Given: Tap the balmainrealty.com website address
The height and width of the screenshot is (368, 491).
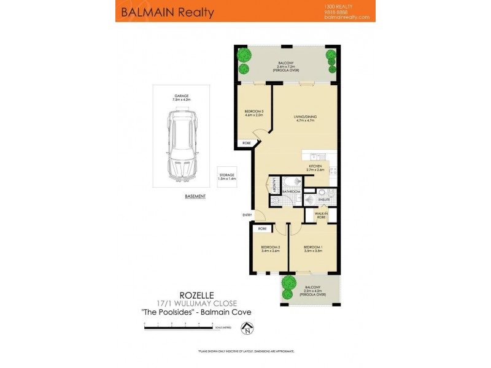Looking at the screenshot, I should tap(347, 17).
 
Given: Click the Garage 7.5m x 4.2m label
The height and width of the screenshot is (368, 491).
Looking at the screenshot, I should tap(182, 98).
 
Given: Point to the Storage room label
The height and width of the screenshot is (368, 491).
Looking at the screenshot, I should tap(227, 177).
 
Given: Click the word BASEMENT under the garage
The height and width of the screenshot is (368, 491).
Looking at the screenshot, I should tap(195, 196).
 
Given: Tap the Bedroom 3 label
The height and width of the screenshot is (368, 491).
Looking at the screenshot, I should tap(253, 113).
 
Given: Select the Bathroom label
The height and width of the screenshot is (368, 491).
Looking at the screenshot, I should tap(292, 191).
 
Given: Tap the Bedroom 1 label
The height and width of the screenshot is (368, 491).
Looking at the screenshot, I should tap(313, 248).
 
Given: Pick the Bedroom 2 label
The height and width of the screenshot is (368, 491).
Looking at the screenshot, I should tap(270, 248).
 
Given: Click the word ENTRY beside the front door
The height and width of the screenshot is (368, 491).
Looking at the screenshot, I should tap(247, 215).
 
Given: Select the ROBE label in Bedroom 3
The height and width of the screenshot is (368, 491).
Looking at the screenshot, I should tap(246, 143).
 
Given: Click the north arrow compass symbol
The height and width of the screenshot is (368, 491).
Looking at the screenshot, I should tap(247, 330).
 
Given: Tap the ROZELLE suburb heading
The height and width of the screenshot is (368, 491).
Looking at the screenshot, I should tap(196, 294).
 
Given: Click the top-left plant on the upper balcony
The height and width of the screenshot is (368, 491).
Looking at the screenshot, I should tap(245, 54).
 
